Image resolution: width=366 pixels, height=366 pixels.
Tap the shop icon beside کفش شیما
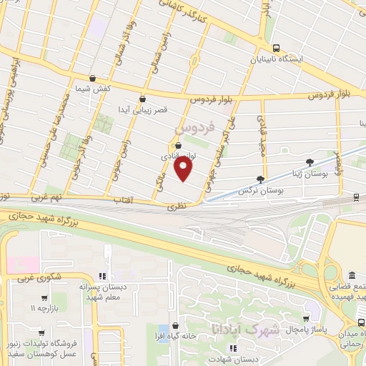coord(92,79)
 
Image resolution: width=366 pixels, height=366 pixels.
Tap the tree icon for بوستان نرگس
coord(259,179)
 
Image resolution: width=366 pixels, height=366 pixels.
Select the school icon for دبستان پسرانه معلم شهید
coord(102,275)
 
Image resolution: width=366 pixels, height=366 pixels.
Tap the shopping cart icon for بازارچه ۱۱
coord(44,297)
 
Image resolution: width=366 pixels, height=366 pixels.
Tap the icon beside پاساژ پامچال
coord(307,320)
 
